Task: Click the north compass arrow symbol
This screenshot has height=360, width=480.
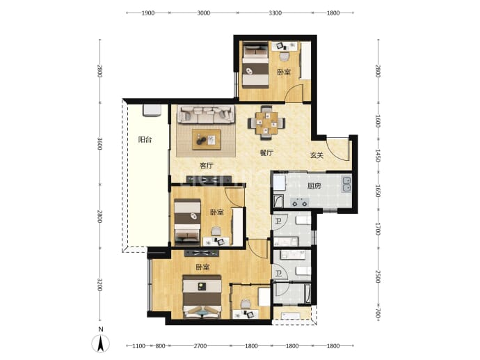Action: point(100,343)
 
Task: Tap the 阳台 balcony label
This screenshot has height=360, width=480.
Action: point(145,140)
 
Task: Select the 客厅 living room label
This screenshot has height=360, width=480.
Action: point(207,166)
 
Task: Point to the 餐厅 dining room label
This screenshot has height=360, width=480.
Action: point(266,152)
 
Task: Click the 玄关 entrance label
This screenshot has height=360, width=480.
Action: point(317,155)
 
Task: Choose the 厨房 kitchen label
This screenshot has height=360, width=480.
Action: point(314,186)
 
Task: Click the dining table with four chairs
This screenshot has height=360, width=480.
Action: point(266,123)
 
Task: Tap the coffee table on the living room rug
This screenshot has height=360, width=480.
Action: point(207,139)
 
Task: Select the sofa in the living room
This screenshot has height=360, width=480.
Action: point(207,114)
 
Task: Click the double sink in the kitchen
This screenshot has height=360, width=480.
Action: point(346,184)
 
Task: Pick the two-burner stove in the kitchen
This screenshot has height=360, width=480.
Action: point(299,203)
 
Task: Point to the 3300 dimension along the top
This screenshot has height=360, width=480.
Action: point(275,13)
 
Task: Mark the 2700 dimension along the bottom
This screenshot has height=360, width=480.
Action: point(200,346)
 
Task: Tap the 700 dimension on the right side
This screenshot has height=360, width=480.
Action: point(378,313)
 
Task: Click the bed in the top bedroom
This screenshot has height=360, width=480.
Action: point(256,65)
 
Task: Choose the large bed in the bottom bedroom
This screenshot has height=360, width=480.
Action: point(202,297)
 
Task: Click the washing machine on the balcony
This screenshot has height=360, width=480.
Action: point(152,111)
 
